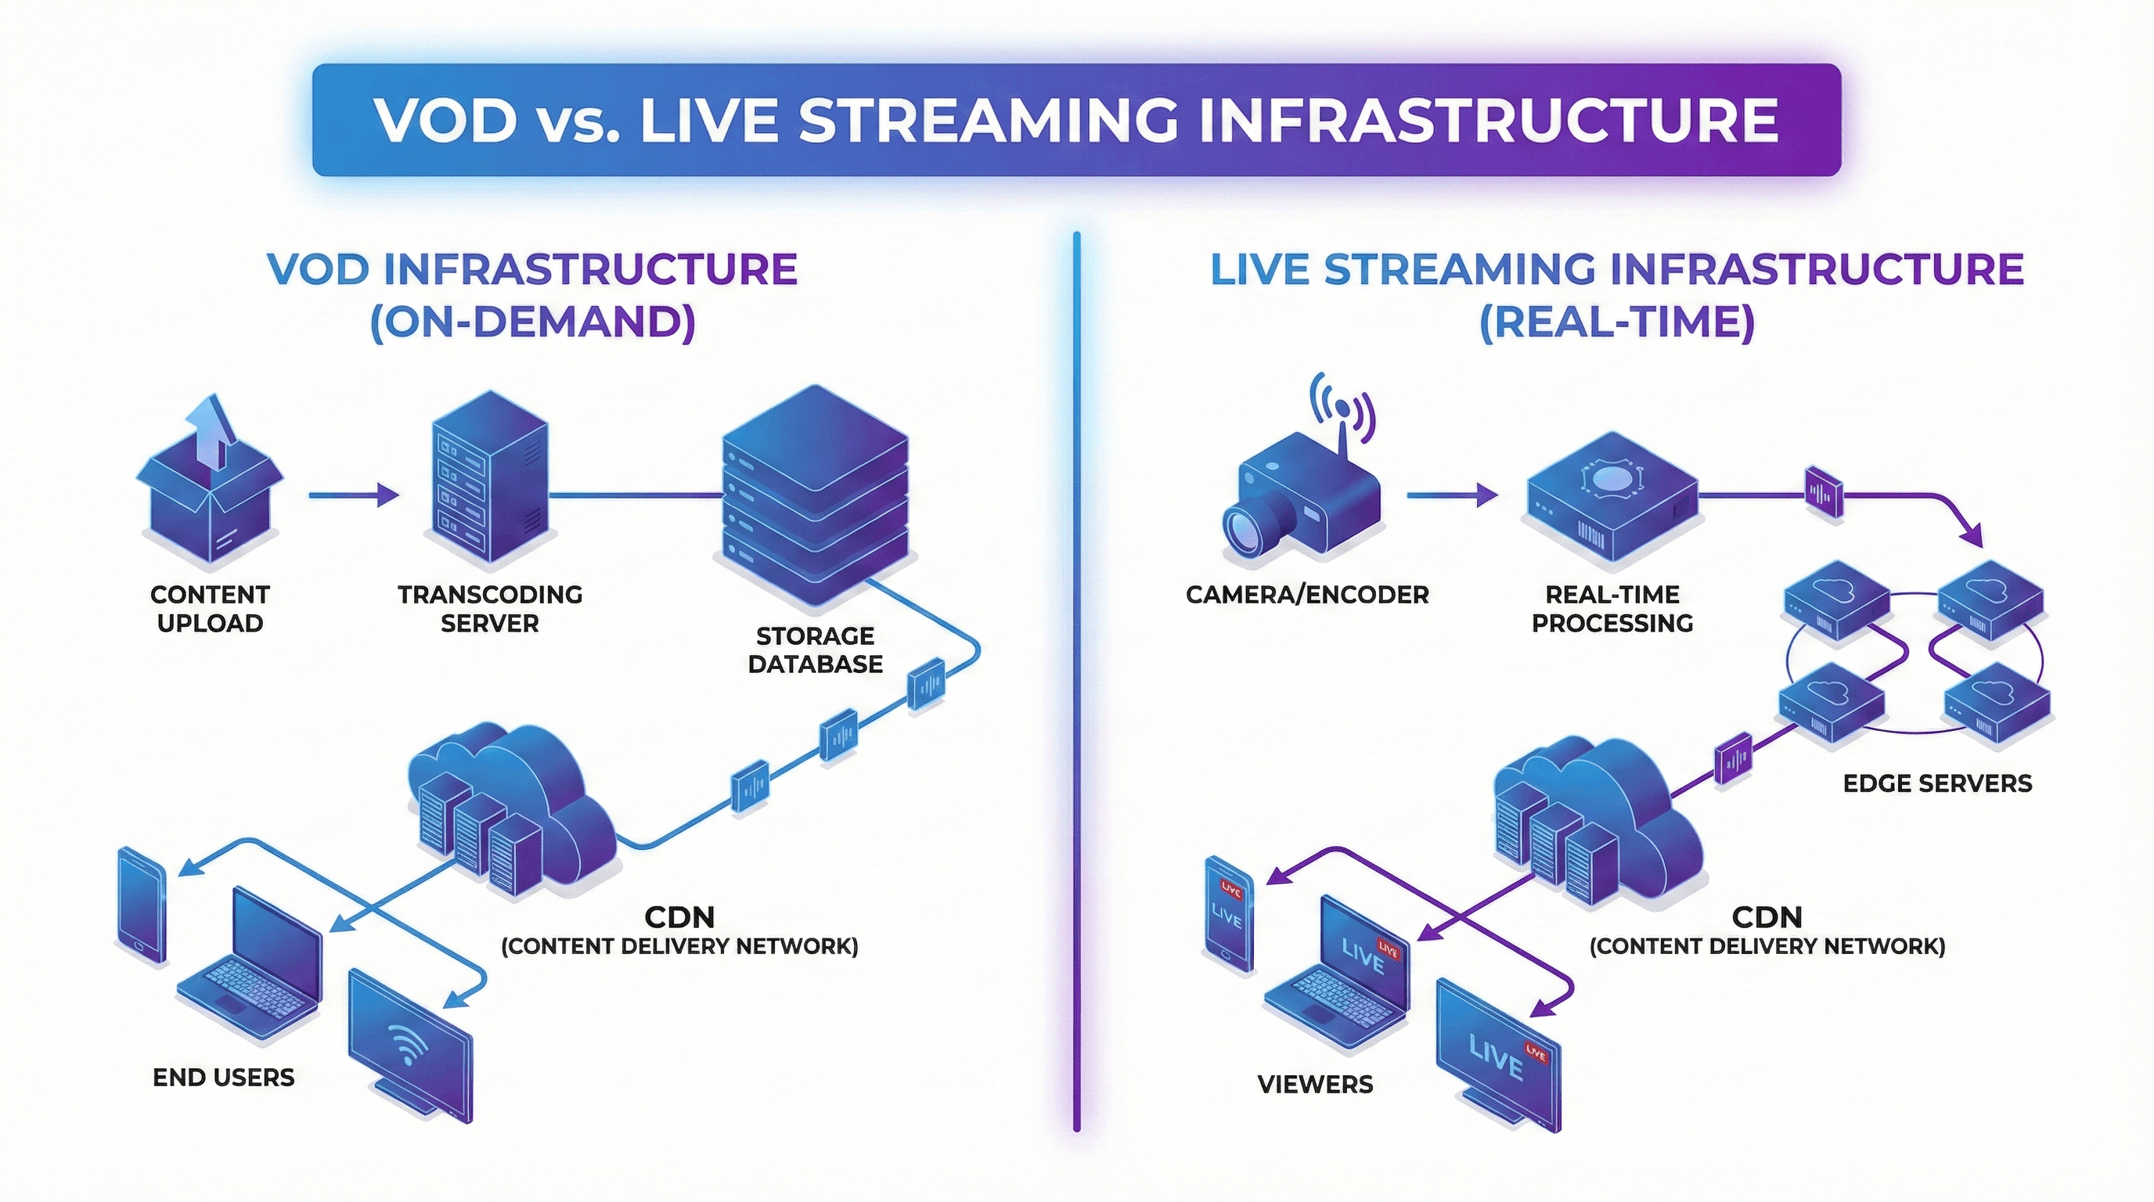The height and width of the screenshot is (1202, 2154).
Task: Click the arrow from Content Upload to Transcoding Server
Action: pyautogui.click(x=353, y=495)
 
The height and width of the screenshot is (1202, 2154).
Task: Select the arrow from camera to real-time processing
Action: pyautogui.click(x=1452, y=495)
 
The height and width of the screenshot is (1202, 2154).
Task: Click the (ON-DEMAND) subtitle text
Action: pyautogui.click(x=533, y=322)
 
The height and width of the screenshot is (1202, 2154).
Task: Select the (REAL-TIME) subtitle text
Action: pyautogui.click(x=1616, y=322)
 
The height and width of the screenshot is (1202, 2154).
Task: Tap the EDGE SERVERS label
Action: pyautogui.click(x=1936, y=783)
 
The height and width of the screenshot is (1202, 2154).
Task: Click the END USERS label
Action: pyautogui.click(x=223, y=1078)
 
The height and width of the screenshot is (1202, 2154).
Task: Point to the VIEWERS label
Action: pyautogui.click(x=1315, y=1085)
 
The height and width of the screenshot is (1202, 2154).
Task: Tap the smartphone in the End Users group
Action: pyautogui.click(x=142, y=906)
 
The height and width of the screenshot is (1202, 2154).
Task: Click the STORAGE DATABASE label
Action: pyautogui.click(x=816, y=650)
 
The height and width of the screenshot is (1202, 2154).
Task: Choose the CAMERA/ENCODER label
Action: pyautogui.click(x=1307, y=596)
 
